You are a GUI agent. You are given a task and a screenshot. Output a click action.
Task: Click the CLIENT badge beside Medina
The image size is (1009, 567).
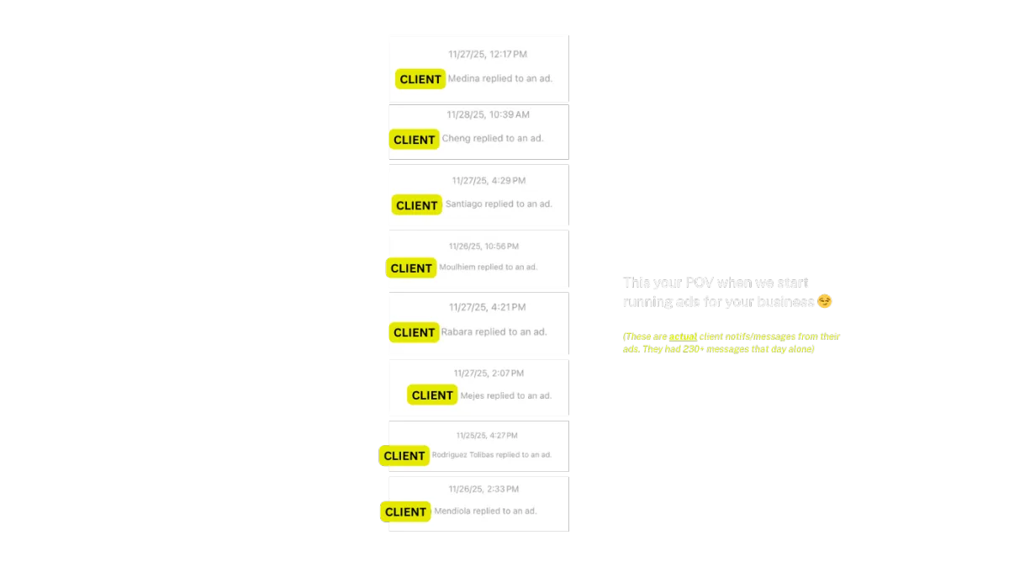pos(420,79)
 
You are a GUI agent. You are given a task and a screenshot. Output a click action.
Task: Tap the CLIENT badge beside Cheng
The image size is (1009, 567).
pos(414,140)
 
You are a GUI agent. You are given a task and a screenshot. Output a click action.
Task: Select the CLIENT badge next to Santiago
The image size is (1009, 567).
pos(416,205)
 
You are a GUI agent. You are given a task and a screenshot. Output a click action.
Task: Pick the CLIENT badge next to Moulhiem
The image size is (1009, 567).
pos(411,268)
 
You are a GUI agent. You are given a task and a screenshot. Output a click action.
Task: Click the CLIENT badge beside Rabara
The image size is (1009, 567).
pos(414,332)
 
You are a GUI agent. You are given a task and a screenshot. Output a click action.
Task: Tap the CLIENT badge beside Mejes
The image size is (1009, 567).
pos(432,395)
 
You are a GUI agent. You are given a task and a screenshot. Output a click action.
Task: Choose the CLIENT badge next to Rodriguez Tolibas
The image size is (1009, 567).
pos(404,456)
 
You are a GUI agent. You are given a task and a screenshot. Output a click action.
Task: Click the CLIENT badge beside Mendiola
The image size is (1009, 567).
pos(405,511)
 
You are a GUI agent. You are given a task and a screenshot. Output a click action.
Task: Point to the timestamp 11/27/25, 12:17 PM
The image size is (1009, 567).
pos(488,55)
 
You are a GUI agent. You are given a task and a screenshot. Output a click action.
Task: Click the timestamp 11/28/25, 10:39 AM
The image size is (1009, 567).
pos(488,114)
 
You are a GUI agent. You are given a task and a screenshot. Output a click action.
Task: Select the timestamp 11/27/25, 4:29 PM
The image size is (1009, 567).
pos(489,181)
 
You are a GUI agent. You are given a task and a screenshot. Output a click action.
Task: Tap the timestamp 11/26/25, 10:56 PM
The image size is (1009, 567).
pos(483,246)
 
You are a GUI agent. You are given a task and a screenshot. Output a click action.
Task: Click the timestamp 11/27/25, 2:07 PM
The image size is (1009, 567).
pos(489,374)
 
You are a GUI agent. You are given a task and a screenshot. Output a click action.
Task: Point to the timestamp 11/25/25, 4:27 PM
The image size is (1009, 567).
pos(487,436)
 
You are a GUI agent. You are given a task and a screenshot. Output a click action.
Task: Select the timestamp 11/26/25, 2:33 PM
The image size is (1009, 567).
pos(483,490)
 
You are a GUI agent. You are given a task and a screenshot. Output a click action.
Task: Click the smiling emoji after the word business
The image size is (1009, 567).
pos(825,301)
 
